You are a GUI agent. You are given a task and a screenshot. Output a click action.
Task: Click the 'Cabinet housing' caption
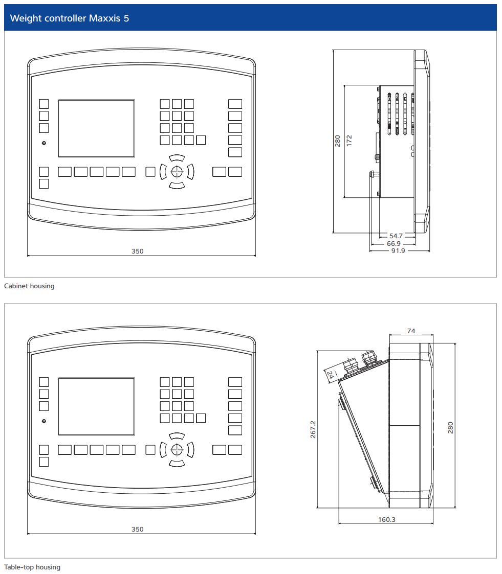29,286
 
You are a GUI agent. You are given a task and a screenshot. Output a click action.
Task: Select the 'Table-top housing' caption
32,567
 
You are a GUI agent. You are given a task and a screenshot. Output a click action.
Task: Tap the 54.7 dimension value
396,236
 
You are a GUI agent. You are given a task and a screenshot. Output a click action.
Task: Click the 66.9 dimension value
394,244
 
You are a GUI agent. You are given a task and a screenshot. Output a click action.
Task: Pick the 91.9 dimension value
398,251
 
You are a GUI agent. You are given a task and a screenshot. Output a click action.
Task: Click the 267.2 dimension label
313,429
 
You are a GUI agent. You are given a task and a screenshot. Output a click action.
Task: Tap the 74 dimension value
411,331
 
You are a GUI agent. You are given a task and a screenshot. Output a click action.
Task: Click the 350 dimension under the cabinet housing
138,251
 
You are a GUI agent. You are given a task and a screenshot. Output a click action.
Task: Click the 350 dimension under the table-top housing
138,529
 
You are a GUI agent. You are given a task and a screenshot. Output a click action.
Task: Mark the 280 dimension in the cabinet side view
338,141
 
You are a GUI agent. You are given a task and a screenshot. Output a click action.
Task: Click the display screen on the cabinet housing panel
97,128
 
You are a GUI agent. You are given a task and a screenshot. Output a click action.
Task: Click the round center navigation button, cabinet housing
177,171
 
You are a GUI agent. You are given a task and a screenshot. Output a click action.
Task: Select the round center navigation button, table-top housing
177,449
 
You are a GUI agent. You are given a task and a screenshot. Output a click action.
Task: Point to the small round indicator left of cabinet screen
44,143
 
